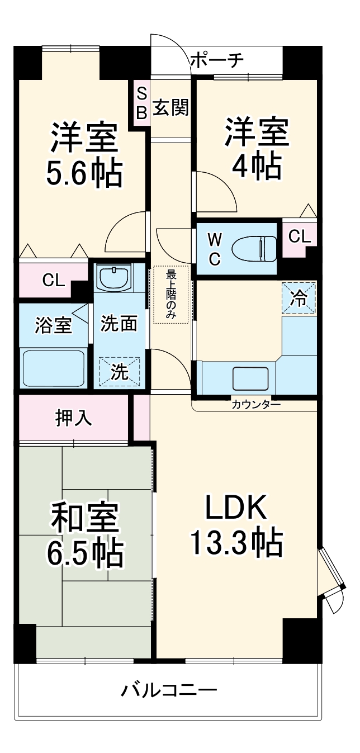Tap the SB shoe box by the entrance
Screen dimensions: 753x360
tap(141, 102)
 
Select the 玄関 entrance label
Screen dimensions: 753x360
tap(170, 107)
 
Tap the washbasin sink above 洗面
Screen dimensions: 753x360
tap(114, 277)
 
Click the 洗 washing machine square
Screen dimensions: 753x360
tap(119, 371)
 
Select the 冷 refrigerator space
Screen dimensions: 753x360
tap(299, 299)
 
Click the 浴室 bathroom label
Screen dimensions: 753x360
tap(54, 326)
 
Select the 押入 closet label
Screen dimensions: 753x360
tap(74, 418)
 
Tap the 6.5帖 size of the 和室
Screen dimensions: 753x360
tap(85, 551)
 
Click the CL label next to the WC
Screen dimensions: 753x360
tap(299, 237)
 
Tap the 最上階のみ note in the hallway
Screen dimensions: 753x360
tap(171, 294)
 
